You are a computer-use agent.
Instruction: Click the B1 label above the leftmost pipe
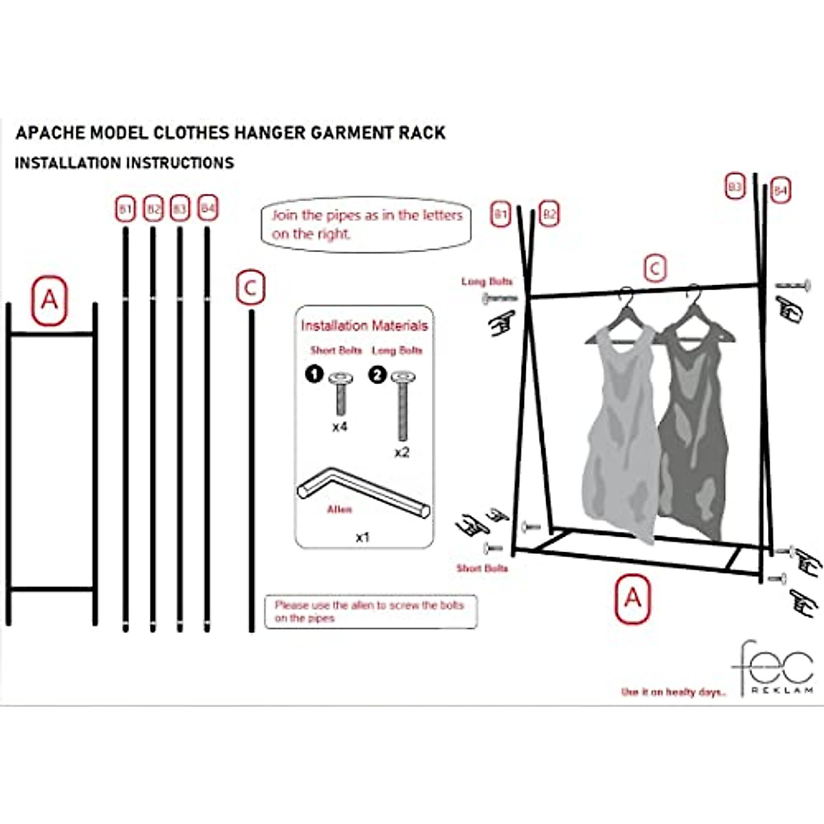[x=125, y=209]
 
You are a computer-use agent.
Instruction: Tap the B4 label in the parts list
[x=207, y=208]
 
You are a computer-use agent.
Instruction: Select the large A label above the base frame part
[x=49, y=301]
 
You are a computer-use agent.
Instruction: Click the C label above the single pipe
[x=251, y=288]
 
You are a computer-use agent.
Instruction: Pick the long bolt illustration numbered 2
[x=402, y=405]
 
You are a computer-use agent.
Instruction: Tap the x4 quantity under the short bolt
[x=340, y=427]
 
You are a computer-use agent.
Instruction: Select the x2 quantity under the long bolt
[x=402, y=453]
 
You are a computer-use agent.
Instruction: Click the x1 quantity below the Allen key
[x=363, y=537]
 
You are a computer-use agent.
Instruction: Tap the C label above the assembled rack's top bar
[x=654, y=268]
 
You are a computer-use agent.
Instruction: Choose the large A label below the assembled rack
[x=632, y=599]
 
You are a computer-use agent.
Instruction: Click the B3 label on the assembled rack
[x=735, y=187]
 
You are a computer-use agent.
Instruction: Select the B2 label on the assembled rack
[x=549, y=215]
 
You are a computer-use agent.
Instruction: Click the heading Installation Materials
[x=364, y=325]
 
